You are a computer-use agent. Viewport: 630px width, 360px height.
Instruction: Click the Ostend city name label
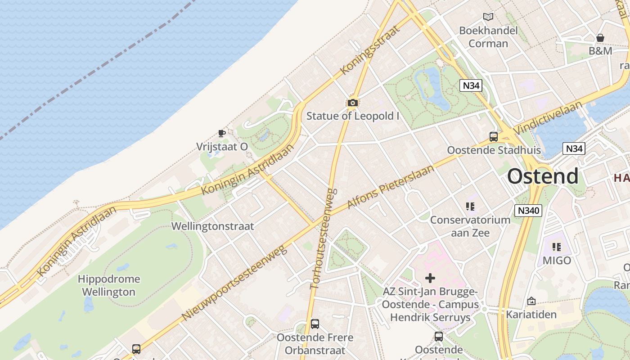pyautogui.click(x=543, y=176)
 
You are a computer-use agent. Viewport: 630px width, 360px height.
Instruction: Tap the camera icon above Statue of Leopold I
pyautogui.click(x=352, y=103)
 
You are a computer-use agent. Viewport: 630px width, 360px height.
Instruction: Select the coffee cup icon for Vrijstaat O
pyautogui.click(x=221, y=133)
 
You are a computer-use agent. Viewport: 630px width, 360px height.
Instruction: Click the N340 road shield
pyautogui.click(x=528, y=211)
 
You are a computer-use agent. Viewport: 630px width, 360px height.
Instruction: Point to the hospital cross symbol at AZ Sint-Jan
pyautogui.click(x=430, y=278)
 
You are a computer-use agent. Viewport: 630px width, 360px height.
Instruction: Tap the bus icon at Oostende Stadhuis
pyautogui.click(x=494, y=137)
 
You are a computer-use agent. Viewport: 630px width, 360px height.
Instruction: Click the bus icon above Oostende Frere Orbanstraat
pyautogui.click(x=315, y=324)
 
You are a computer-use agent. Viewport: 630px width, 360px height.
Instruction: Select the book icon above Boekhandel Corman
pyautogui.click(x=488, y=17)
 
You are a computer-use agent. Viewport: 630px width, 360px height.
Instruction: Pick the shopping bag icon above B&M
pyautogui.click(x=600, y=38)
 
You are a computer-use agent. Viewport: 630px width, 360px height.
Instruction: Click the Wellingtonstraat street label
pyautogui.click(x=213, y=226)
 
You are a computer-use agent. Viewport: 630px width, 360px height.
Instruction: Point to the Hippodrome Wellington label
pyautogui.click(x=109, y=285)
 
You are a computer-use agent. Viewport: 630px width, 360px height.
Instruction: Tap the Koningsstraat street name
pyautogui.click(x=370, y=50)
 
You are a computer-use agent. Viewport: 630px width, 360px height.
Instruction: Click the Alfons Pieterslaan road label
pyautogui.click(x=391, y=187)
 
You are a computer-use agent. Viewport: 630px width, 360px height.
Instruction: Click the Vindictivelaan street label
pyautogui.click(x=548, y=118)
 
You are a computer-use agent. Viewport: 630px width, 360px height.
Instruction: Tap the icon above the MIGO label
pyautogui.click(x=557, y=247)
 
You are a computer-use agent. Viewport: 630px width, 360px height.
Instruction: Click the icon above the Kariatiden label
pyautogui.click(x=531, y=301)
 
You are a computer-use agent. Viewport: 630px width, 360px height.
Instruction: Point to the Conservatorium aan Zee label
pyautogui.click(x=470, y=226)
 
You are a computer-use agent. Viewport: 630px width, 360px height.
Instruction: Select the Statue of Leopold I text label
pyautogui.click(x=353, y=116)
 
